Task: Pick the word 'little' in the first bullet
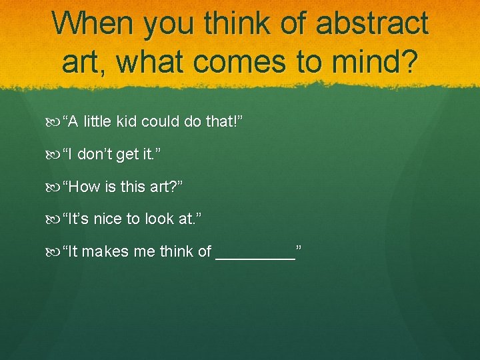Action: pyautogui.click(x=97, y=122)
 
